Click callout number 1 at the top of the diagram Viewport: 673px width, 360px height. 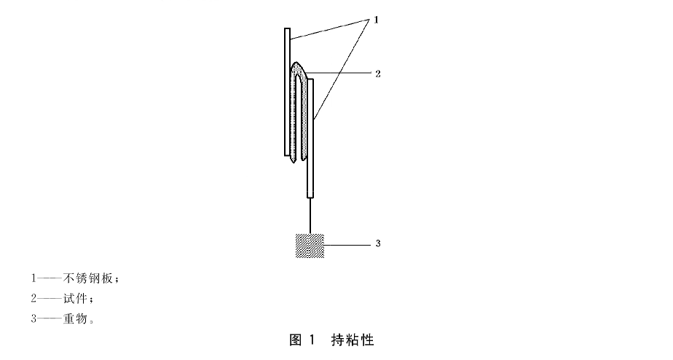pyautogui.click(x=377, y=20)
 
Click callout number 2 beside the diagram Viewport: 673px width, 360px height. pyautogui.click(x=378, y=74)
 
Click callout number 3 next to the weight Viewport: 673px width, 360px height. pyautogui.click(x=378, y=243)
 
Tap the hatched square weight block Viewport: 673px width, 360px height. pyautogui.click(x=310, y=246)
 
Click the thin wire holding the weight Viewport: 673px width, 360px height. pyautogui.click(x=310, y=216)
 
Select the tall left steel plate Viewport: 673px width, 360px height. pyautogui.click(x=287, y=92)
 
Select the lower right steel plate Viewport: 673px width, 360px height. pyautogui.click(x=310, y=138)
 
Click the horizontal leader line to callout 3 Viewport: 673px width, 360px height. pyautogui.click(x=347, y=246)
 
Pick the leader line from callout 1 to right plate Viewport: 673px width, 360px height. pyautogui.click(x=342, y=69)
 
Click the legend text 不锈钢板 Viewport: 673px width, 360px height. pyautogui.click(x=88, y=278)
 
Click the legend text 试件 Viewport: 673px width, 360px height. pyautogui.click(x=75, y=298)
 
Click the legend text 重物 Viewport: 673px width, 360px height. pyautogui.click(x=75, y=318)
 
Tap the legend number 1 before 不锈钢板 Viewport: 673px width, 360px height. pyautogui.click(x=34, y=278)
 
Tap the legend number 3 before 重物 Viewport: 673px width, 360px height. pyautogui.click(x=34, y=318)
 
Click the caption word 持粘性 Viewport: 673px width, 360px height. pyautogui.click(x=353, y=340)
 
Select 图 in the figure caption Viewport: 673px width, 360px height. pyautogui.click(x=296, y=340)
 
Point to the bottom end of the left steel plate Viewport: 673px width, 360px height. pyautogui.click(x=287, y=155)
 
